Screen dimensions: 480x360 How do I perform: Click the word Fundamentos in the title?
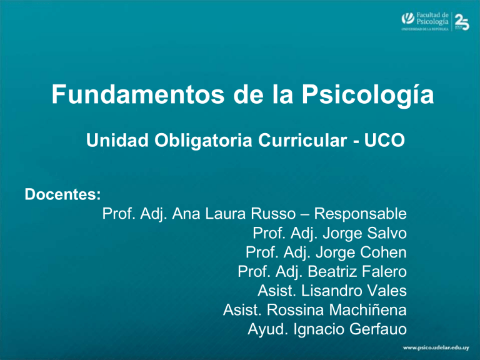tap(138, 94)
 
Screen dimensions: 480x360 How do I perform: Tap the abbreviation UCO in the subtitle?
tap(384, 140)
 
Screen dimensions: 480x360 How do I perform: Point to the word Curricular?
tap(302, 140)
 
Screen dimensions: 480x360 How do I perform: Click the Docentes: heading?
tap(62, 194)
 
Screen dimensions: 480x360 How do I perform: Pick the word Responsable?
tap(360, 214)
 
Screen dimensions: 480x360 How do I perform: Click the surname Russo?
tap(273, 214)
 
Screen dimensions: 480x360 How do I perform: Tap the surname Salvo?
tap(387, 233)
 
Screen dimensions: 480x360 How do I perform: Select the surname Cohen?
tap(383, 252)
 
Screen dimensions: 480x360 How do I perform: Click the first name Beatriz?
tap(329, 271)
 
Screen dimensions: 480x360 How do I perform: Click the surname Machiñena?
tap(368, 310)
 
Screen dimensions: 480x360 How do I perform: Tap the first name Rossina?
tap(295, 310)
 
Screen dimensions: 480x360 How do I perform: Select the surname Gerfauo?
tap(377, 329)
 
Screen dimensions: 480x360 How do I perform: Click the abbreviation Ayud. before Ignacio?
tap(268, 330)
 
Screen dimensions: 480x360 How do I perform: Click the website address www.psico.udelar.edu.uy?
tap(436, 347)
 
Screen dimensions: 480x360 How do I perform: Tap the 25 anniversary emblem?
tap(462, 22)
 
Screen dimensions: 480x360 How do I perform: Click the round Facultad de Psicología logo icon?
tap(407, 18)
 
